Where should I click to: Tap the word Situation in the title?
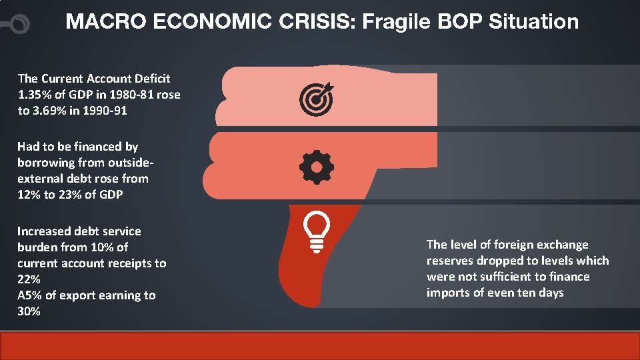click(533, 22)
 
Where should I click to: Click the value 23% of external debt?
click(63, 194)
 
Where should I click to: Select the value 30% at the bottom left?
click(29, 311)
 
